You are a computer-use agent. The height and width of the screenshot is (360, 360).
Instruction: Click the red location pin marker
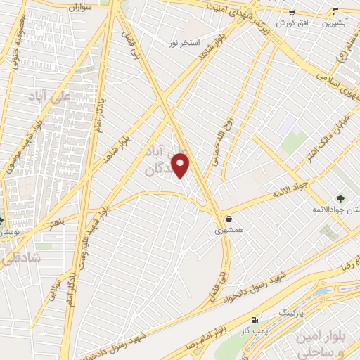(181, 165)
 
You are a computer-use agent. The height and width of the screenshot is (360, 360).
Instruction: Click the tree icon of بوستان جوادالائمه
(340, 199)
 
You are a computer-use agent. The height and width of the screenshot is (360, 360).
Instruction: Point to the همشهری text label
(229, 230)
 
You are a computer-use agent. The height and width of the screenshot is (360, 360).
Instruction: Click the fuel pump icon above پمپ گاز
(255, 320)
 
